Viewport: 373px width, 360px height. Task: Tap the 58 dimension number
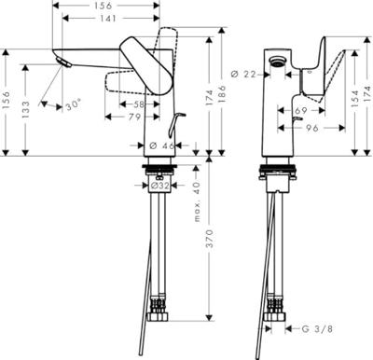tap(137, 105)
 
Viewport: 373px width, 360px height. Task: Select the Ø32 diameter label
tap(163, 186)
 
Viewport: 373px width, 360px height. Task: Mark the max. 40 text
tap(196, 199)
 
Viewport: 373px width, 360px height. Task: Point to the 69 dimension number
tap(300, 111)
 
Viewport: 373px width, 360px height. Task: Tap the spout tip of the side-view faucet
tap(63, 63)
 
